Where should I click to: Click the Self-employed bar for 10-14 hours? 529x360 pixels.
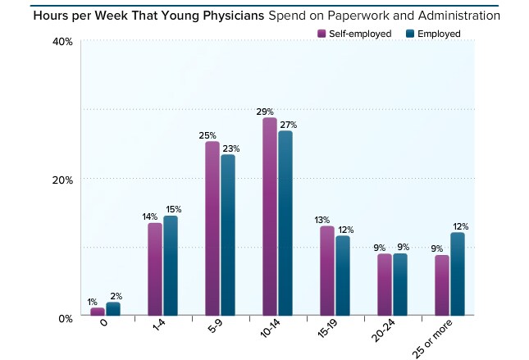(x=269, y=217)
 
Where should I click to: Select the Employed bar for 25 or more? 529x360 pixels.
(x=457, y=274)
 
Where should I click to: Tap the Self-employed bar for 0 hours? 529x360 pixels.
(x=98, y=312)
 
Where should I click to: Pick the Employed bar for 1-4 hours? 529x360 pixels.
(x=171, y=266)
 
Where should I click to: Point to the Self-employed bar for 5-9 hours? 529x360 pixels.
(x=212, y=229)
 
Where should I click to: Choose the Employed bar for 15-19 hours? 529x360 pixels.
(x=343, y=276)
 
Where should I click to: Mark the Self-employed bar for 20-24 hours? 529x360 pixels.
(x=385, y=285)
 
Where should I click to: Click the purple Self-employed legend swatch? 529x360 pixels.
(x=322, y=34)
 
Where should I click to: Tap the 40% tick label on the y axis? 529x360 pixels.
(x=63, y=42)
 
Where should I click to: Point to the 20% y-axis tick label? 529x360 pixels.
(x=63, y=180)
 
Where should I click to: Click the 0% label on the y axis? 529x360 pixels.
(x=66, y=318)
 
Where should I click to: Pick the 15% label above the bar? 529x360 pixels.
(x=172, y=209)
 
